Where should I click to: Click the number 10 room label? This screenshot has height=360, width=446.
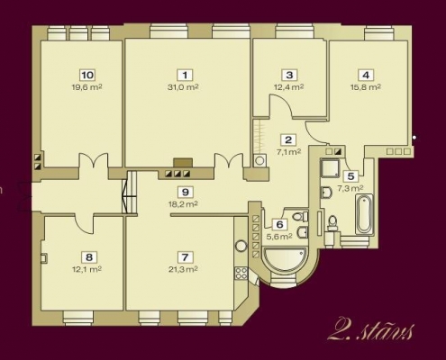[x=87, y=75]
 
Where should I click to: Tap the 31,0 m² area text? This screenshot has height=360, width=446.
[x=183, y=87]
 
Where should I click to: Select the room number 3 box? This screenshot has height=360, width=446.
[x=289, y=75]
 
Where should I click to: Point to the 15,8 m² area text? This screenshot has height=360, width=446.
[x=366, y=87]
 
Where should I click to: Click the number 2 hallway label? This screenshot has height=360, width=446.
[x=288, y=139]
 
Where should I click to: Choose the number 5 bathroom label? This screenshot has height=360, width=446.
[x=350, y=176]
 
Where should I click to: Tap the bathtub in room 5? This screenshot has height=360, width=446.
[x=364, y=214]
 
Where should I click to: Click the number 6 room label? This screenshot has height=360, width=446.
[x=279, y=224]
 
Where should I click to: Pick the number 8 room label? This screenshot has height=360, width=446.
[x=89, y=257]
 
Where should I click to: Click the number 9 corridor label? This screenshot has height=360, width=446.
[x=186, y=192]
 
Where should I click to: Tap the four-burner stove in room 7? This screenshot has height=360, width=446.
[x=241, y=273]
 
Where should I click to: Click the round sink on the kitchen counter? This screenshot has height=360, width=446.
[x=241, y=246]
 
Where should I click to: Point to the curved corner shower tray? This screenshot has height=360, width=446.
[x=285, y=259]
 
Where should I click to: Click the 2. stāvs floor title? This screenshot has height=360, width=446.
[x=370, y=329]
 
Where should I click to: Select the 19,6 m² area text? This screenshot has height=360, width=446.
[x=87, y=87]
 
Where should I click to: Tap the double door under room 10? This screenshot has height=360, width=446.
[x=94, y=160]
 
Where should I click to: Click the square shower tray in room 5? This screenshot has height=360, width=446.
[x=330, y=168]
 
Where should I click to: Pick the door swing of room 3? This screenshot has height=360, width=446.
[x=281, y=105]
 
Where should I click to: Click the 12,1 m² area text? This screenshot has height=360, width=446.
[x=86, y=269]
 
